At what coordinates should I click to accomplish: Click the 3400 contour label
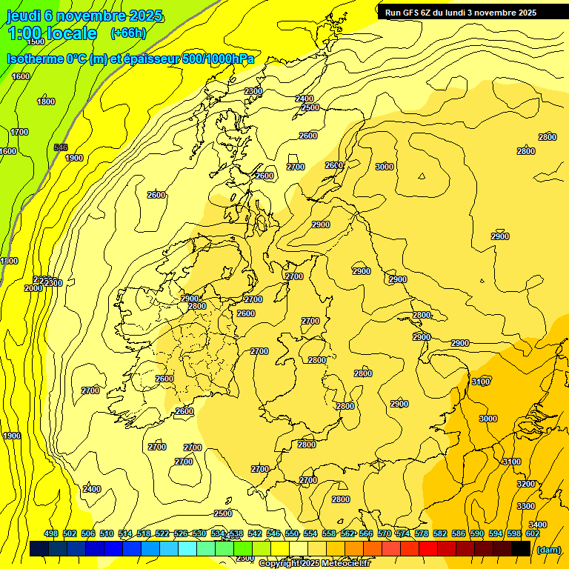[538, 525]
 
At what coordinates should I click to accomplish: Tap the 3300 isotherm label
[526, 506]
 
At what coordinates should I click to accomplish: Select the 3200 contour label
[526, 484]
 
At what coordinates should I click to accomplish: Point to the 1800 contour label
[46, 102]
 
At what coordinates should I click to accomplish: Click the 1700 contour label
[19, 132]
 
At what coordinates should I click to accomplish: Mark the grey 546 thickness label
[61, 147]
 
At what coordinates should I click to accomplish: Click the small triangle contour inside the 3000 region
[422, 176]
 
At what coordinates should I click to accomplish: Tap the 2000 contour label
[33, 288]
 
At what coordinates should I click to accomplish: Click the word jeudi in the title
[24, 16]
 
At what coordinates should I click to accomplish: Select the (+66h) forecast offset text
[127, 33]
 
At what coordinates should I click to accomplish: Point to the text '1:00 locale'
[52, 33]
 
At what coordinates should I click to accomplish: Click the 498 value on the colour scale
[51, 533]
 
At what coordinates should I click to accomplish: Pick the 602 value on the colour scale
[533, 533]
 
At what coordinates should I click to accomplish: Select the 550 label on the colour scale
[292, 533]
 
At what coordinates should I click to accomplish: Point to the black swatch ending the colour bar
[521, 549]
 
